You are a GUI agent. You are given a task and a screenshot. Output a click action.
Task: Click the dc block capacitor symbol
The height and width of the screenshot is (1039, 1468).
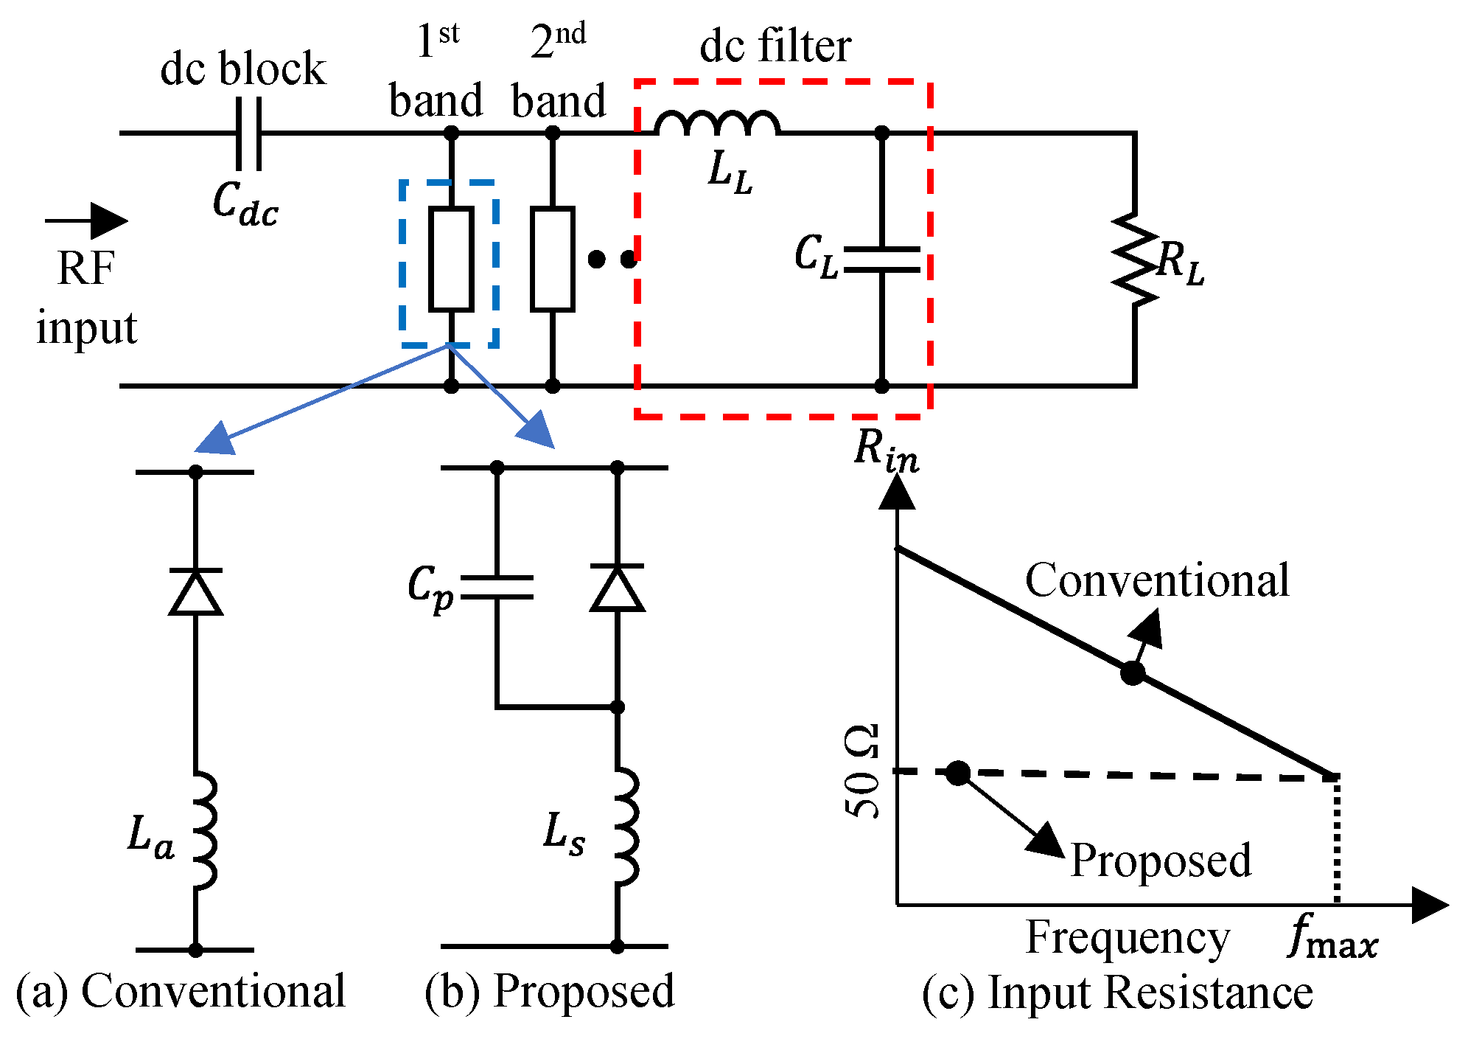(248, 133)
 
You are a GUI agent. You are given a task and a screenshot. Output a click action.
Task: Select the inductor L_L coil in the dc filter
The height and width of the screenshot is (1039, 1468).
(717, 124)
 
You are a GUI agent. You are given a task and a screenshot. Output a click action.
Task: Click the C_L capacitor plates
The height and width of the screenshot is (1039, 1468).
(881, 259)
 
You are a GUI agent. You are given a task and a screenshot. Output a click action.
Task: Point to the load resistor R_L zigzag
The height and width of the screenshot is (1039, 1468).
(1135, 259)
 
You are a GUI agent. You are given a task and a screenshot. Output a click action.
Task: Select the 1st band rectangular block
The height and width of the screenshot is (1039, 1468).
(451, 259)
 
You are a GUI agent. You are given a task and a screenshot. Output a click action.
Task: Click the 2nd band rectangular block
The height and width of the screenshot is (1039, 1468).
(552, 259)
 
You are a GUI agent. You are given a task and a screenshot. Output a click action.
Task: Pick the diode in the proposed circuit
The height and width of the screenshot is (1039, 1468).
(618, 588)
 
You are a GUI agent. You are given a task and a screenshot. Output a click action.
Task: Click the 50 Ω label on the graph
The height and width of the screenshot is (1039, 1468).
(862, 771)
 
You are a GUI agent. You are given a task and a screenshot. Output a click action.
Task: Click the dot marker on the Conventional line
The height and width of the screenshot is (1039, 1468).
(1133, 673)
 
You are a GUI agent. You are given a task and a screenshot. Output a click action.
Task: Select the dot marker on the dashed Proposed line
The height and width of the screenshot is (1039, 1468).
(957, 773)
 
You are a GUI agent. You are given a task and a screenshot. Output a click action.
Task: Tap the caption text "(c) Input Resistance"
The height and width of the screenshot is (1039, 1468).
(1117, 993)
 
